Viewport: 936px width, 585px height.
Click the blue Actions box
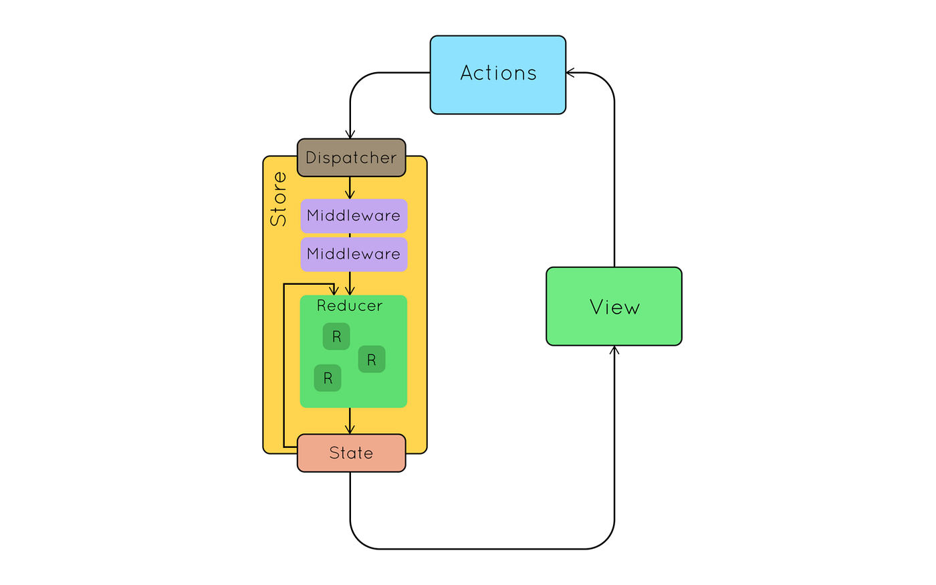click(498, 75)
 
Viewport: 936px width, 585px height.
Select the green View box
click(614, 306)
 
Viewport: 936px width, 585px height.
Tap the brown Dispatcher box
click(351, 158)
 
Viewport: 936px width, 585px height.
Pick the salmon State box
click(351, 453)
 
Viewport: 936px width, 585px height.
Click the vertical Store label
click(278, 199)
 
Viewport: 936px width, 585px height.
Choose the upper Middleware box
click(354, 216)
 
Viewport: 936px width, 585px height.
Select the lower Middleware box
click(354, 254)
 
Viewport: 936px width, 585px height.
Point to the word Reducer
click(350, 306)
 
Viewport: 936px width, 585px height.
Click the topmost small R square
click(336, 336)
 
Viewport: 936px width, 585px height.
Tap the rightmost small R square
click(372, 359)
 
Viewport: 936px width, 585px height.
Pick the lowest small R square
click(328, 378)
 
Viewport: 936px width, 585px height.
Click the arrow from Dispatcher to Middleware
click(350, 188)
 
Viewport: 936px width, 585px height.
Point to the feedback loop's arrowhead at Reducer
click(334, 290)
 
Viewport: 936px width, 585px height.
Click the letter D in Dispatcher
click(311, 158)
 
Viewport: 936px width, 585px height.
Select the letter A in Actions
click(467, 73)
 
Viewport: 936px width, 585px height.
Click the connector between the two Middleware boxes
click(350, 235)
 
